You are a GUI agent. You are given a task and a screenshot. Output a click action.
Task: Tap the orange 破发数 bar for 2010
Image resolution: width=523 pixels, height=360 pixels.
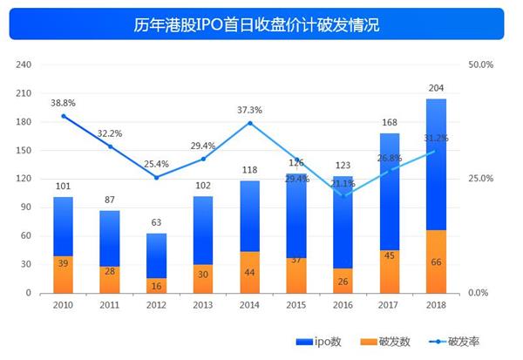pos(63,275)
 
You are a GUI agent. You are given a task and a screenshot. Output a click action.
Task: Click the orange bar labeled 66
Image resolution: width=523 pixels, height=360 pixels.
pos(436,262)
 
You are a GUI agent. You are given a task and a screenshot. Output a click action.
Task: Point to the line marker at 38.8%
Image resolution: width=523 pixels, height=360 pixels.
pos(63,116)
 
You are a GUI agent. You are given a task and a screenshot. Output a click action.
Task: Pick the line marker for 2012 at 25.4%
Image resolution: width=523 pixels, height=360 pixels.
pos(156,177)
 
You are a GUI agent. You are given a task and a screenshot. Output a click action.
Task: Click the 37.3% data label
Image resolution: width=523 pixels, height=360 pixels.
pos(249,110)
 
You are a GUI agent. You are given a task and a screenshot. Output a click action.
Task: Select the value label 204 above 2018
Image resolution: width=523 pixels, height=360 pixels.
pos(436,88)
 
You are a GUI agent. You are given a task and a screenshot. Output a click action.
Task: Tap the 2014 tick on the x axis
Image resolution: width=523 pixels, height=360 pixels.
pos(249,306)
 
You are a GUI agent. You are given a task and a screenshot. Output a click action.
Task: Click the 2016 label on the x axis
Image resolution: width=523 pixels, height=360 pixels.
pos(343,306)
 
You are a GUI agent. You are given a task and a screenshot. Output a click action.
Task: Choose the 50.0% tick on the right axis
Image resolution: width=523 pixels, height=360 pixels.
pos(480,65)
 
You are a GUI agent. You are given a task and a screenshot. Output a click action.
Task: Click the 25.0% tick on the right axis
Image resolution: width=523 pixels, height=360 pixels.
pos(480,179)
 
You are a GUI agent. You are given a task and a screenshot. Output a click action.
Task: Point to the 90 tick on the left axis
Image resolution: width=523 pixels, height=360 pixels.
pos(26,207)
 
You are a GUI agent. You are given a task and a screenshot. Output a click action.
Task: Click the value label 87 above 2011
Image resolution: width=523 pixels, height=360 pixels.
pos(110,200)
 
